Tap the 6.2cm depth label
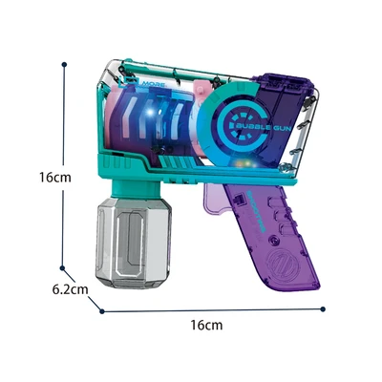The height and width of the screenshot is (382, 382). click(x=71, y=288)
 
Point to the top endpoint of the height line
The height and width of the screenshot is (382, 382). click(x=64, y=65)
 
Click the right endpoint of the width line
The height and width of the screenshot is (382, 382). click(x=324, y=308)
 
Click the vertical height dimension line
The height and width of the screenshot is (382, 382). click(x=64, y=172)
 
